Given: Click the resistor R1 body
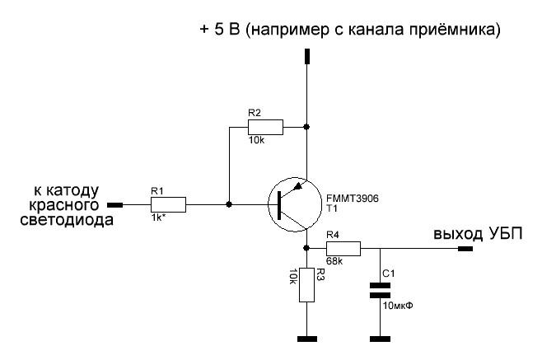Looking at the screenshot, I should click(x=168, y=204).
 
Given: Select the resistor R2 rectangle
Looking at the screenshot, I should click(x=265, y=128).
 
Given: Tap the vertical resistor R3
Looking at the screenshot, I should click(x=306, y=285).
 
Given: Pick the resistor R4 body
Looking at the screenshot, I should click(x=343, y=247).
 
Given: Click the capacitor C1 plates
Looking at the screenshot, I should click(x=380, y=290).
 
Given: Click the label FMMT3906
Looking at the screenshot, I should click(x=352, y=199).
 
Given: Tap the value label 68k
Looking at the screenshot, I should click(x=334, y=261).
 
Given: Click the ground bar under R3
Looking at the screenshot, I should click(x=306, y=338).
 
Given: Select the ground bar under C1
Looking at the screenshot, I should click(x=380, y=338).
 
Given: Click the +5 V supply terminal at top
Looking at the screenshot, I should click(x=306, y=56).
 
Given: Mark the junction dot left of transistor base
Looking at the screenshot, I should click(x=229, y=204).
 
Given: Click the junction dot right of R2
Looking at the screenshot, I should click(x=306, y=128).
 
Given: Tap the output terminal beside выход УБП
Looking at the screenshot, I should click(x=465, y=248).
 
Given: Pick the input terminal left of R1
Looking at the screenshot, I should click(x=116, y=204).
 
